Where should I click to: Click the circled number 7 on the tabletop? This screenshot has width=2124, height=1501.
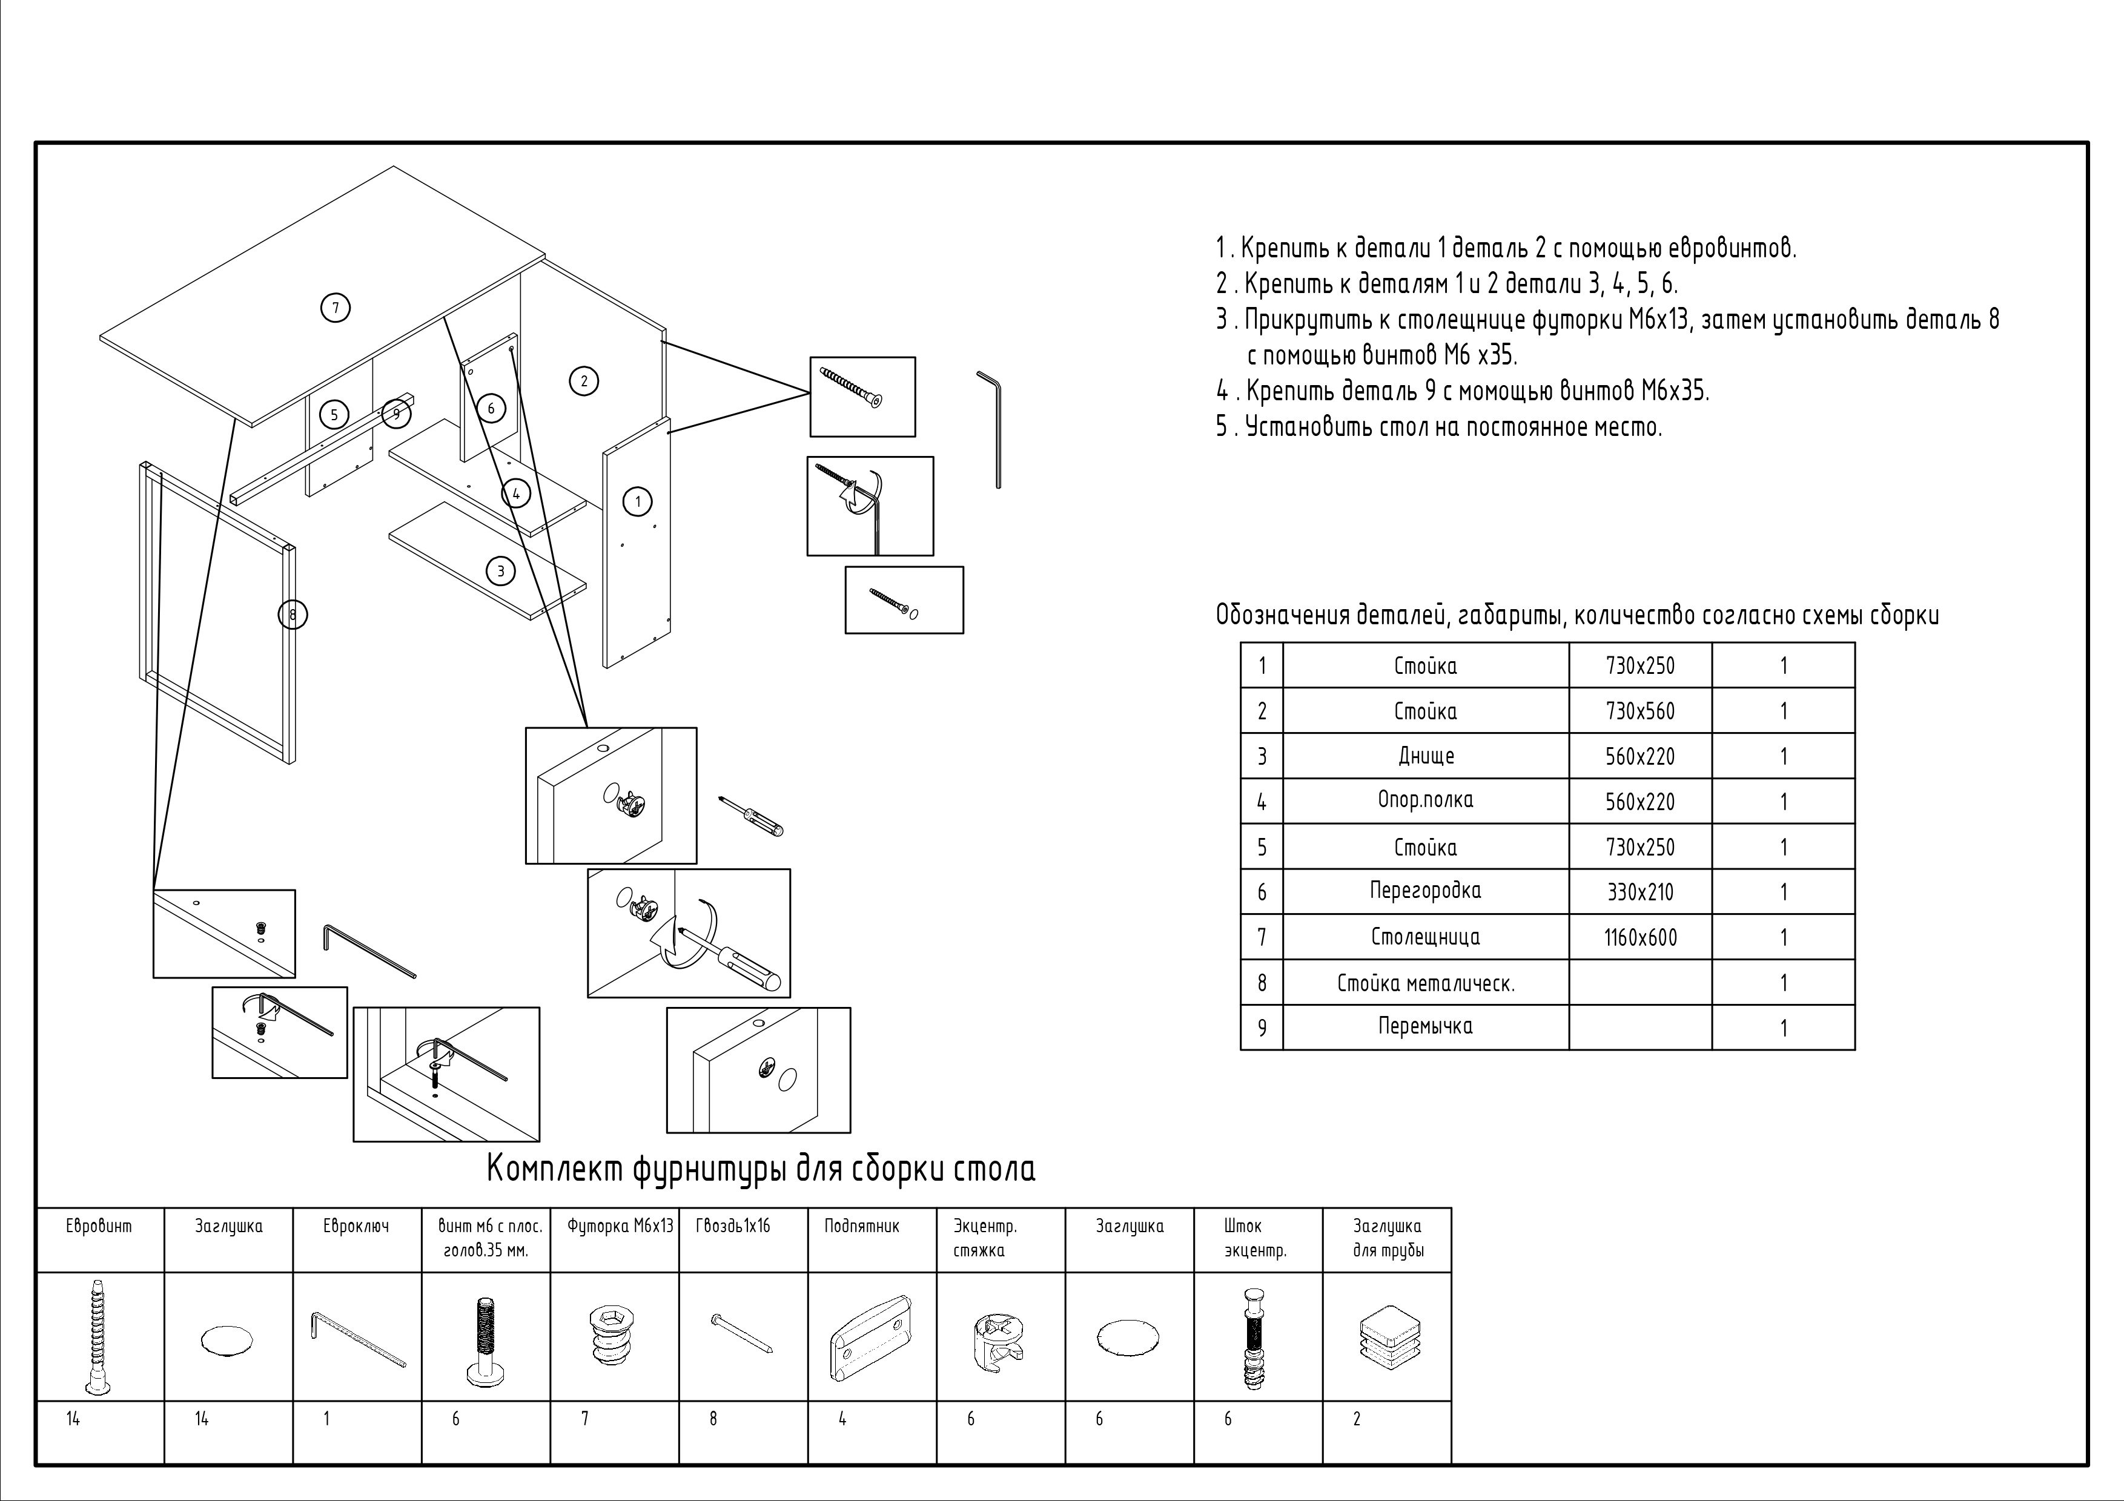(335, 307)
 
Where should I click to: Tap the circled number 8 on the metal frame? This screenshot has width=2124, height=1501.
(293, 614)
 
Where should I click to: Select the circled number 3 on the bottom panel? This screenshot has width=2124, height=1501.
(500, 570)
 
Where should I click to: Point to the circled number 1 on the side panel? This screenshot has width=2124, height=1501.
(637, 501)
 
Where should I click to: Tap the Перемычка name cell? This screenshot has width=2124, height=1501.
(1424, 1026)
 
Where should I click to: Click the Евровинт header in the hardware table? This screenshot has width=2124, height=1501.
(99, 1226)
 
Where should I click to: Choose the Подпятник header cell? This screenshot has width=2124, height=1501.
(861, 1226)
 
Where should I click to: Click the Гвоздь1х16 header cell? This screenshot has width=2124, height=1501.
(733, 1226)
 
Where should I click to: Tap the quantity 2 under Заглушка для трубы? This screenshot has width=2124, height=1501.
(1357, 1419)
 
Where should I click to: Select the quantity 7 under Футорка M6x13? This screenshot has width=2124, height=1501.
(584, 1419)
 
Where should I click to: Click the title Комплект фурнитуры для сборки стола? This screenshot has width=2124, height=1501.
(761, 1170)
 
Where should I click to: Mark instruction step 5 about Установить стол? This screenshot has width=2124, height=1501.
(1438, 427)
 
